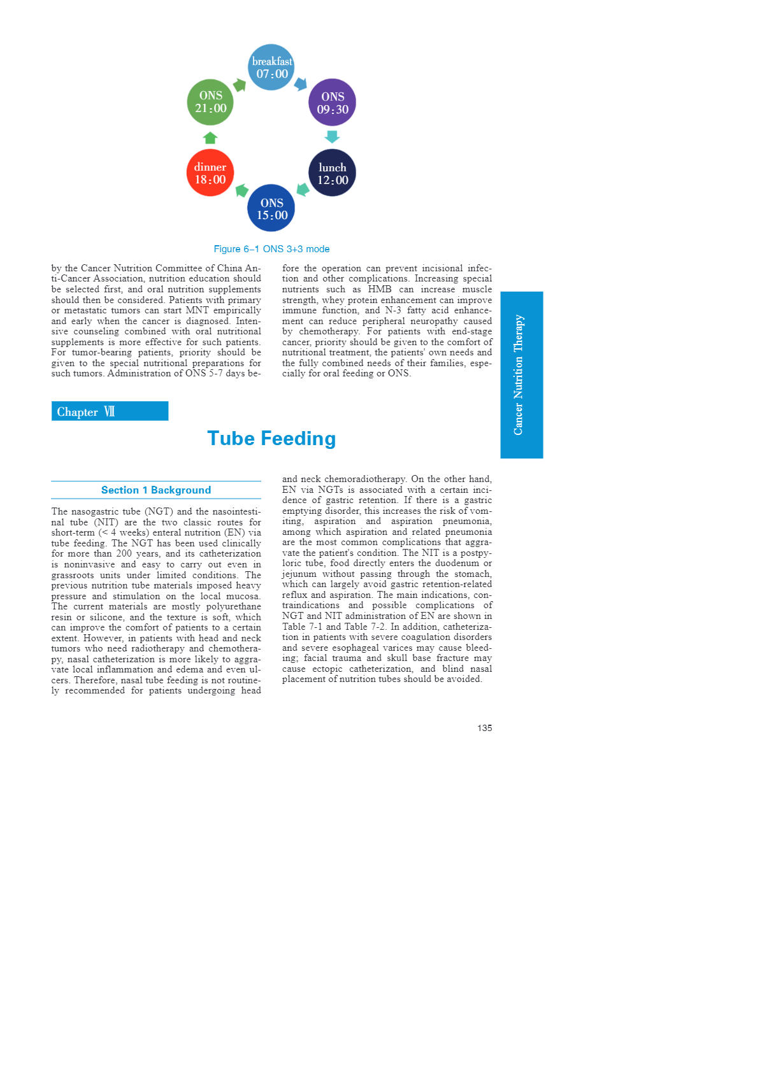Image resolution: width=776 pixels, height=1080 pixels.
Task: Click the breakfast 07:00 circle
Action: [271, 67]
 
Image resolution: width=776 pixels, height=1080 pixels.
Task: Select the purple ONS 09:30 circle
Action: [332, 103]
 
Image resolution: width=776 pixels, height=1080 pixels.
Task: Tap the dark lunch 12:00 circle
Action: [332, 173]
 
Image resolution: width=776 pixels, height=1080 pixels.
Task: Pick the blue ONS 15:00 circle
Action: [271, 208]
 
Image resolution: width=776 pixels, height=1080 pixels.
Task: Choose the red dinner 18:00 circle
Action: [210, 173]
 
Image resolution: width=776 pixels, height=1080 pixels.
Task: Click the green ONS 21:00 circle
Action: [210, 102]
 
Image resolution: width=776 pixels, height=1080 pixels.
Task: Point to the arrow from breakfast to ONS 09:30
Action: [301, 84]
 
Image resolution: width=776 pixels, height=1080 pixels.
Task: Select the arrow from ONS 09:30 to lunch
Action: [332, 137]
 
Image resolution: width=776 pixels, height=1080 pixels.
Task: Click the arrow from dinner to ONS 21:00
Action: [210, 138]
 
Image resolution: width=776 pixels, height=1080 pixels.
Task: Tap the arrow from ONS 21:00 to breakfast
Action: [240, 85]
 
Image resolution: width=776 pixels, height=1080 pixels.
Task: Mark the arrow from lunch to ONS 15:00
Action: [303, 190]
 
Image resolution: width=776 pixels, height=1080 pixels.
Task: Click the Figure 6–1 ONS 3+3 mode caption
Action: [271, 249]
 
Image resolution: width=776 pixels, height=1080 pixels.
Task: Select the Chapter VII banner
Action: [110, 411]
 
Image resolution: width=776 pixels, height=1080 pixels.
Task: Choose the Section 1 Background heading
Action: [156, 490]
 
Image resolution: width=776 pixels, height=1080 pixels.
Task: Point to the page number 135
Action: [484, 728]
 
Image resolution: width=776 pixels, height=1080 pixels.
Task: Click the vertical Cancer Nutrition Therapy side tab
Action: [521, 375]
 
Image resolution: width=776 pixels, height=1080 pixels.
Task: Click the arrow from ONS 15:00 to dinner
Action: [241, 190]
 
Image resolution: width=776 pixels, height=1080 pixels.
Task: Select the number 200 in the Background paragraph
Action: [124, 553]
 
